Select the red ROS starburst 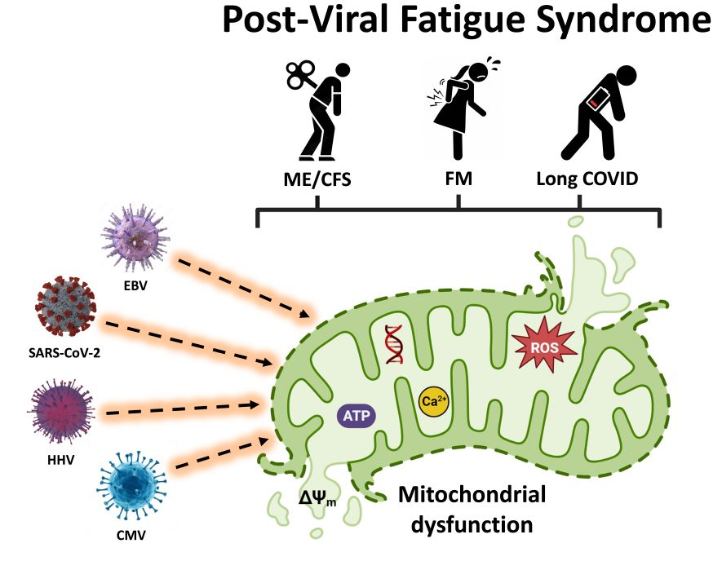click(x=544, y=347)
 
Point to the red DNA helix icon click(x=395, y=344)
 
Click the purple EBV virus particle click(x=135, y=239)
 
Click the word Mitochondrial click(x=472, y=495)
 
